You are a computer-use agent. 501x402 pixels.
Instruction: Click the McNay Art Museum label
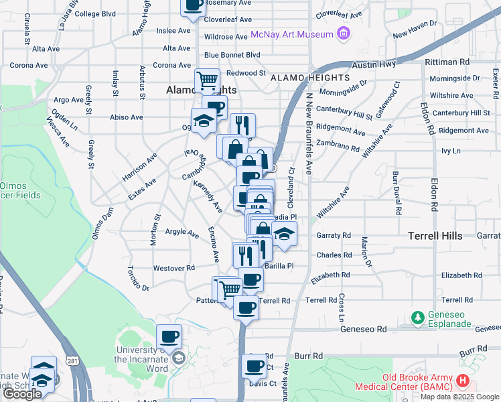click(292, 34)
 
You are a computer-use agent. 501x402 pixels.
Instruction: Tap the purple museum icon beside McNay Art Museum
click(344, 33)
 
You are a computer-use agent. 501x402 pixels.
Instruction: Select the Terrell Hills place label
click(435, 237)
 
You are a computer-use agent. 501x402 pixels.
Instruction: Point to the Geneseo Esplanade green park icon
click(417, 316)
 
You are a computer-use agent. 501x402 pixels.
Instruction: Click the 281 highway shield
click(71, 361)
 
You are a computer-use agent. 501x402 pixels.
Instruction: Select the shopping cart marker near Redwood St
click(208, 81)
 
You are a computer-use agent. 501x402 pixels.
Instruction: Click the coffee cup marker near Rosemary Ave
click(194, 5)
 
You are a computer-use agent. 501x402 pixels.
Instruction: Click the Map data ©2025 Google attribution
click(460, 397)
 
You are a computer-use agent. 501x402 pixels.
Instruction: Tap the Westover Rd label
click(173, 267)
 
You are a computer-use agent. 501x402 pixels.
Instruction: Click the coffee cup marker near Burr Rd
click(255, 366)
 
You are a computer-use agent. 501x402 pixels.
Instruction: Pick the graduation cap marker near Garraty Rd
click(284, 236)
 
